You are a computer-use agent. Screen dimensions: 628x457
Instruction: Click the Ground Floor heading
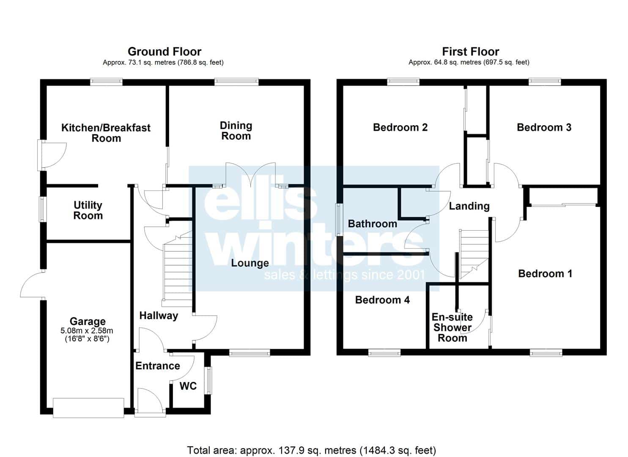[x=165, y=52]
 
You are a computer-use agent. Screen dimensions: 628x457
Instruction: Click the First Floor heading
[x=470, y=52]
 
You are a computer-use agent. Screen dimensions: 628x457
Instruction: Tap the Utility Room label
[x=88, y=210]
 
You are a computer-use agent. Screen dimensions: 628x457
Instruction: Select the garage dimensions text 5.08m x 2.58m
[x=87, y=330]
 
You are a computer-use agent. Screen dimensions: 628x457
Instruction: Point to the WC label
[x=188, y=386]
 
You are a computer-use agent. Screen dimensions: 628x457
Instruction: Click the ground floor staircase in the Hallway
[x=177, y=269]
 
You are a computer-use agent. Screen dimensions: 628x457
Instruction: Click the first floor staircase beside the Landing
[x=474, y=254]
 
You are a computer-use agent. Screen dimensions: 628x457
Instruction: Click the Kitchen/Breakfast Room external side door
[x=52, y=155]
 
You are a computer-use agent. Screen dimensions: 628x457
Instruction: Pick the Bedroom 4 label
[x=382, y=300]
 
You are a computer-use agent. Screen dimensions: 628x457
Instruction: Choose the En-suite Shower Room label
[x=452, y=328]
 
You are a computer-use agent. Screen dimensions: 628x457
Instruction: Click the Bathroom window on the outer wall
[x=339, y=219]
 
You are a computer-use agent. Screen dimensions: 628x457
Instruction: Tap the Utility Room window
[x=43, y=209]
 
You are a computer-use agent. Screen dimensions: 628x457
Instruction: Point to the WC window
[x=208, y=381]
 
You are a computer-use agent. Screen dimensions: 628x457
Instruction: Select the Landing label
[x=469, y=206]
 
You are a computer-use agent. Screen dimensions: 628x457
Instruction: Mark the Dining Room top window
[x=237, y=82]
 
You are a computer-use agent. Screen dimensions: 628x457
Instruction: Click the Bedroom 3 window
[x=545, y=82]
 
